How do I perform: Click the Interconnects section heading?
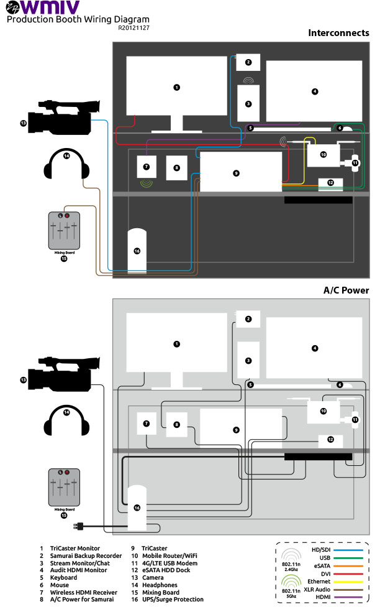tap(338, 33)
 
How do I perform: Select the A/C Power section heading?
tap(346, 290)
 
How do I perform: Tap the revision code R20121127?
tap(133, 28)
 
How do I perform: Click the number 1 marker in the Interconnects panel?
tap(176, 88)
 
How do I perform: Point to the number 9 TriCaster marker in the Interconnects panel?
tap(236, 173)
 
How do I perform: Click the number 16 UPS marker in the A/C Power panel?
tap(137, 507)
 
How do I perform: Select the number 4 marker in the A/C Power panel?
tap(315, 348)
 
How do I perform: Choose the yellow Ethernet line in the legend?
tap(351, 580)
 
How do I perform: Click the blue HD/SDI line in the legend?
tap(351, 550)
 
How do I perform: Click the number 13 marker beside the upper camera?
tap(24, 124)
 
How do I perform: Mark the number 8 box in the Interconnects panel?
tap(176, 167)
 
